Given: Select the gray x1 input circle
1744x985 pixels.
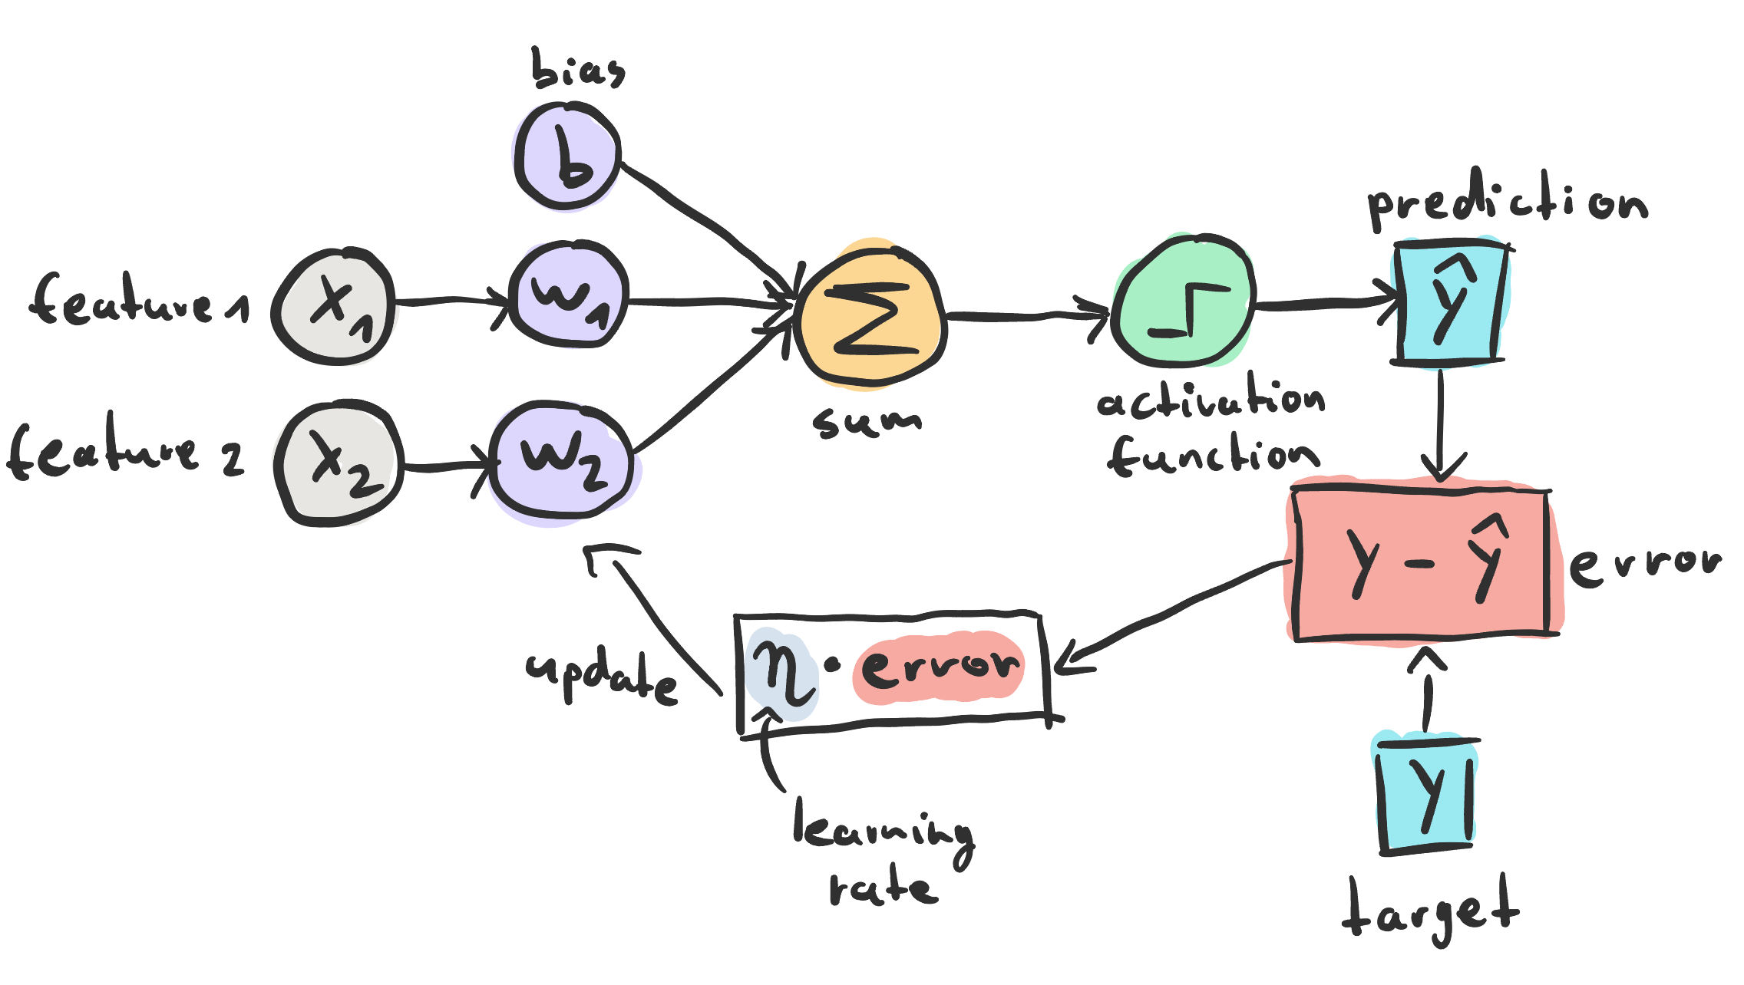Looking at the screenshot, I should (x=335, y=307).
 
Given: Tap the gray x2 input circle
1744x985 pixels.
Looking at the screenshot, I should (x=339, y=463).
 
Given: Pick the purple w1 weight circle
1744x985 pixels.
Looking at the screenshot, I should (x=568, y=295).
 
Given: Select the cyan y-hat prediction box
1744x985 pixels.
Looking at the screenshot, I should (x=1449, y=303).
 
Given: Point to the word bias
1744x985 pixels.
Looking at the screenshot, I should (x=577, y=69).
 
